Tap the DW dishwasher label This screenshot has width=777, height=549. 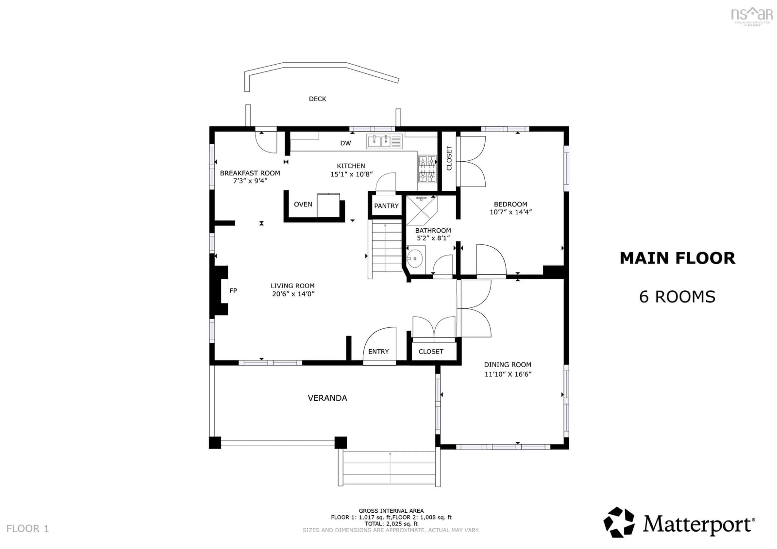346,143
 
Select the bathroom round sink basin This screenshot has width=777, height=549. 415,259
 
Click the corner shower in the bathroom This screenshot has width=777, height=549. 421,210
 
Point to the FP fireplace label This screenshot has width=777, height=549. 233,290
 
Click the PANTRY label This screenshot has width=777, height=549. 386,206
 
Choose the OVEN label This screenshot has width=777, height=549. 303,204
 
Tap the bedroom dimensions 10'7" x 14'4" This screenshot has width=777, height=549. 511,212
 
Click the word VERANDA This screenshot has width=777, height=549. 327,398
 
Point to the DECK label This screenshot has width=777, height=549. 317,99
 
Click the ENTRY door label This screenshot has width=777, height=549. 378,351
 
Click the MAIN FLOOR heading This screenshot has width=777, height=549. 677,259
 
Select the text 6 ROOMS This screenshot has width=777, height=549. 677,297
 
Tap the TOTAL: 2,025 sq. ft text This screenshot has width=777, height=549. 391,524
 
